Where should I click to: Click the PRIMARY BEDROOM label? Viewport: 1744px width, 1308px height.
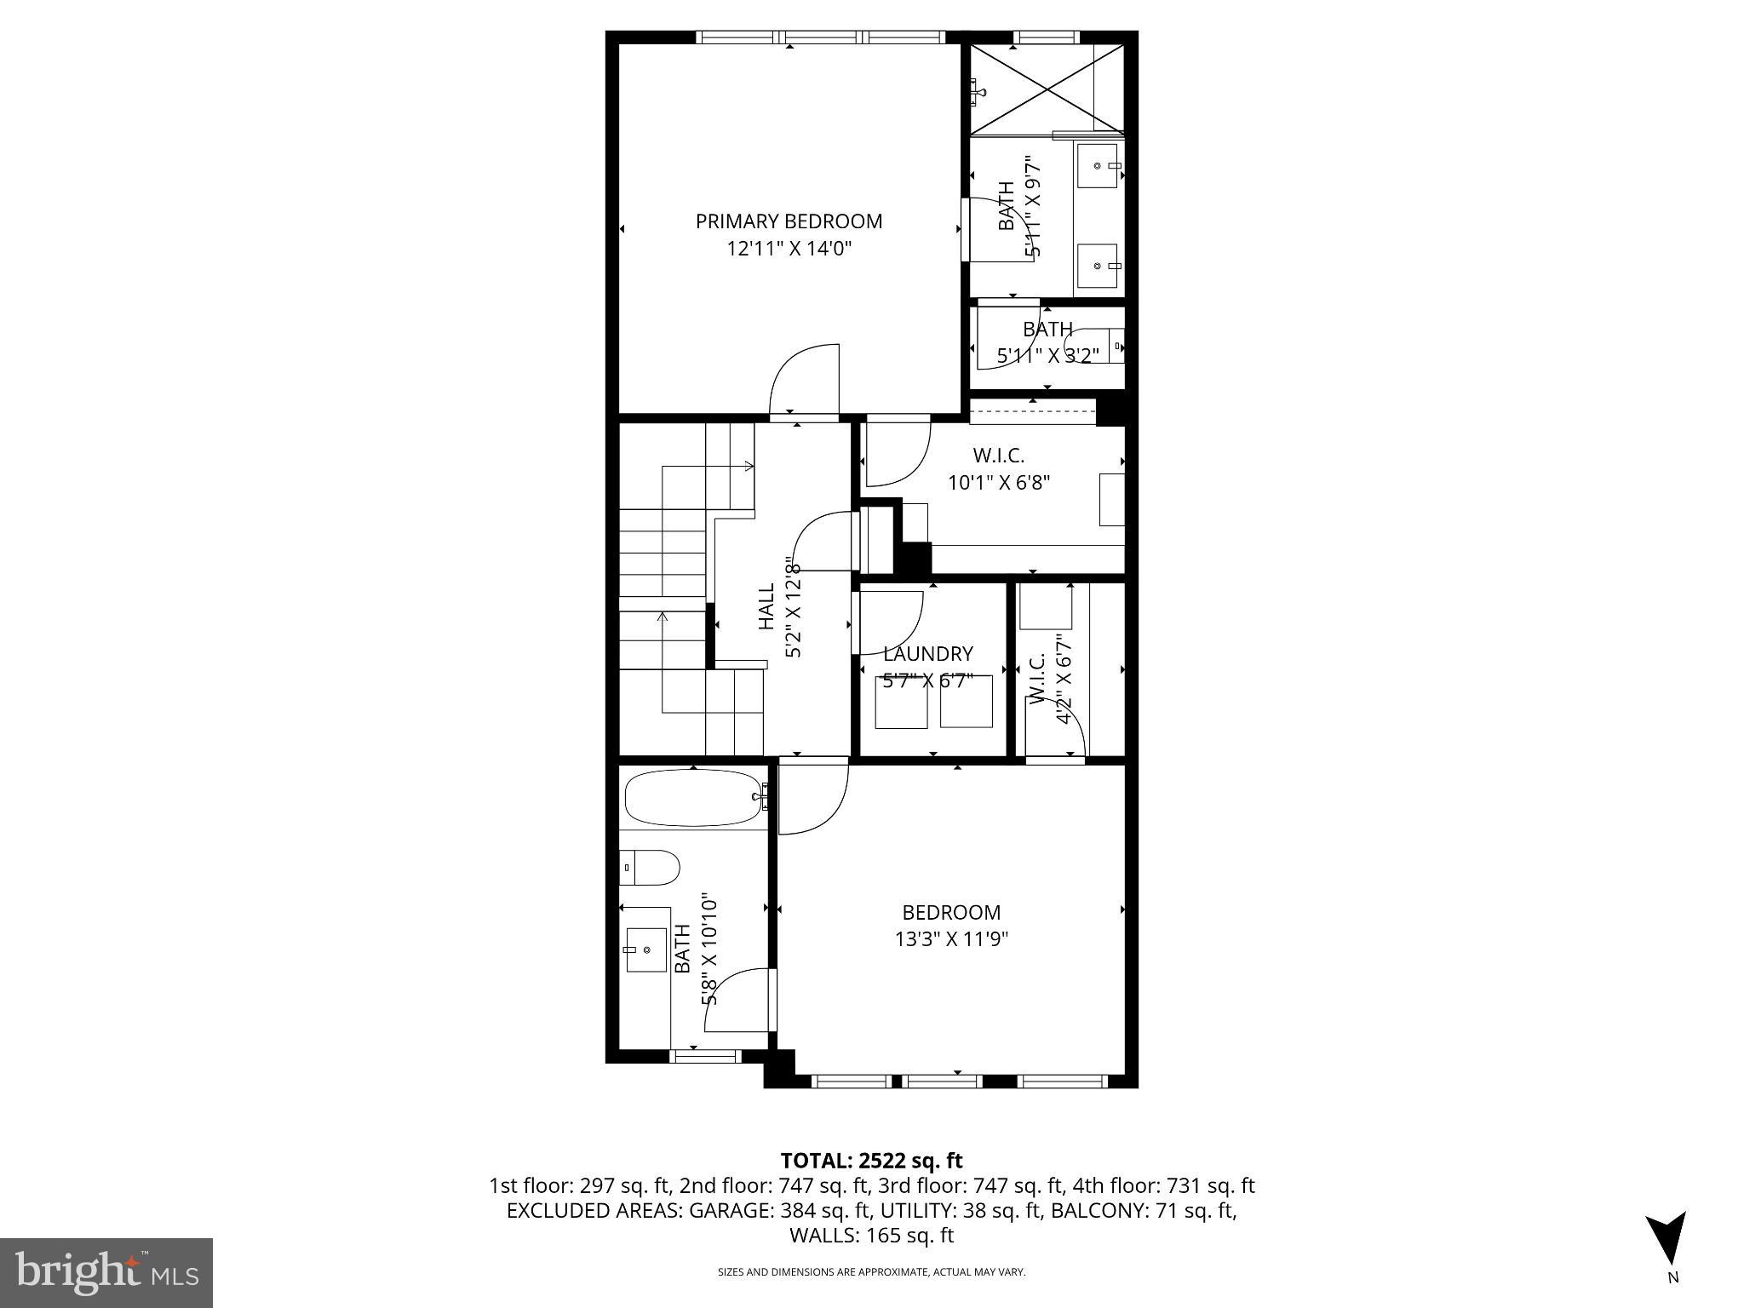[x=789, y=221]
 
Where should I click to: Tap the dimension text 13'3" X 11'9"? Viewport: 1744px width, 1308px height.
[x=950, y=939]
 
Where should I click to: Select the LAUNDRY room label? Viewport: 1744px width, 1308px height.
[x=927, y=654]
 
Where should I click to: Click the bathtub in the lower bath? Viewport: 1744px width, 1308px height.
[x=694, y=798]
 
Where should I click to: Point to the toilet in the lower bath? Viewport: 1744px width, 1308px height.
[x=651, y=868]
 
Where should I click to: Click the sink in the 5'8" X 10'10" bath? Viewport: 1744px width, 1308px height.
[x=646, y=949]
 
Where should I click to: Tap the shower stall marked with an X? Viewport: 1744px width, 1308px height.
[x=1047, y=89]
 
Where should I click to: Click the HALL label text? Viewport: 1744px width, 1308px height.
[x=766, y=605]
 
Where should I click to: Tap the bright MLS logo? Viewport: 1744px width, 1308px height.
[x=106, y=1272]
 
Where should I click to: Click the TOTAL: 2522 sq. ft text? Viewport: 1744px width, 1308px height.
[x=871, y=1161]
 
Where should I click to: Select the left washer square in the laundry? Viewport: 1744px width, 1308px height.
[x=901, y=702]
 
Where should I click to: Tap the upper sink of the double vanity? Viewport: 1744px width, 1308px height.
[x=1099, y=166]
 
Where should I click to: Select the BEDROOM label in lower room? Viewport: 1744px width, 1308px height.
[x=950, y=912]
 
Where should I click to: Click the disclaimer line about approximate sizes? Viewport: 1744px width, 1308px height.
[x=871, y=1272]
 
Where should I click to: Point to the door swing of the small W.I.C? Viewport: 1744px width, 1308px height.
[x=1056, y=724]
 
